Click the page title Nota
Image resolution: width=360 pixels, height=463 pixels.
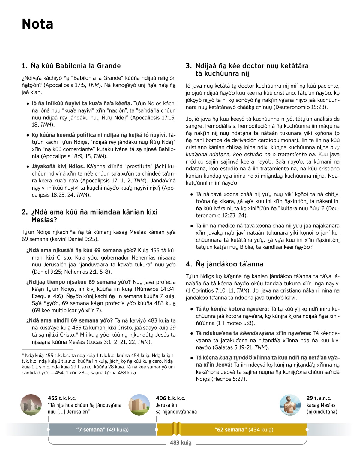pyautogui.click(x=37, y=24)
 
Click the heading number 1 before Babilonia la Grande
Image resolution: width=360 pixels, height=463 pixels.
pyautogui.click(x=24, y=66)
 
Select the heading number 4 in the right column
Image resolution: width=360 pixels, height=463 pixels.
pyautogui.click(x=189, y=264)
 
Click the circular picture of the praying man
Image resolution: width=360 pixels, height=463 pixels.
pyautogui.click(x=290, y=405)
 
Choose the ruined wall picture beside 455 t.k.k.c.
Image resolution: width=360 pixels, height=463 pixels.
pyautogui.click(x=31, y=405)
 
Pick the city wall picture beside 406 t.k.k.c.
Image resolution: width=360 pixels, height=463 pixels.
pyautogui.click(x=139, y=405)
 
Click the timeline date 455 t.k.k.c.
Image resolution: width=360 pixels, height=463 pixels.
pyautogui.click(x=62, y=398)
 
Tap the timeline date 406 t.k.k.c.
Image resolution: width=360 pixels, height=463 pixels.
pyautogui.click(x=171, y=398)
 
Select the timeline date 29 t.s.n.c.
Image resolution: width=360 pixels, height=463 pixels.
pyautogui.click(x=319, y=398)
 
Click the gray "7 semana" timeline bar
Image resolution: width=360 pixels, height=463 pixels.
pyautogui.click(x=102, y=430)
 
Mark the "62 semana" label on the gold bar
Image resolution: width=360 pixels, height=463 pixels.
pyautogui.click(x=229, y=430)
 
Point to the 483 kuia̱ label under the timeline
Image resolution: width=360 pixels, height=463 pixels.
pyautogui.click(x=181, y=443)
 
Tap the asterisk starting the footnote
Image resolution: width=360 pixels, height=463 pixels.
pyautogui.click(x=23, y=355)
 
